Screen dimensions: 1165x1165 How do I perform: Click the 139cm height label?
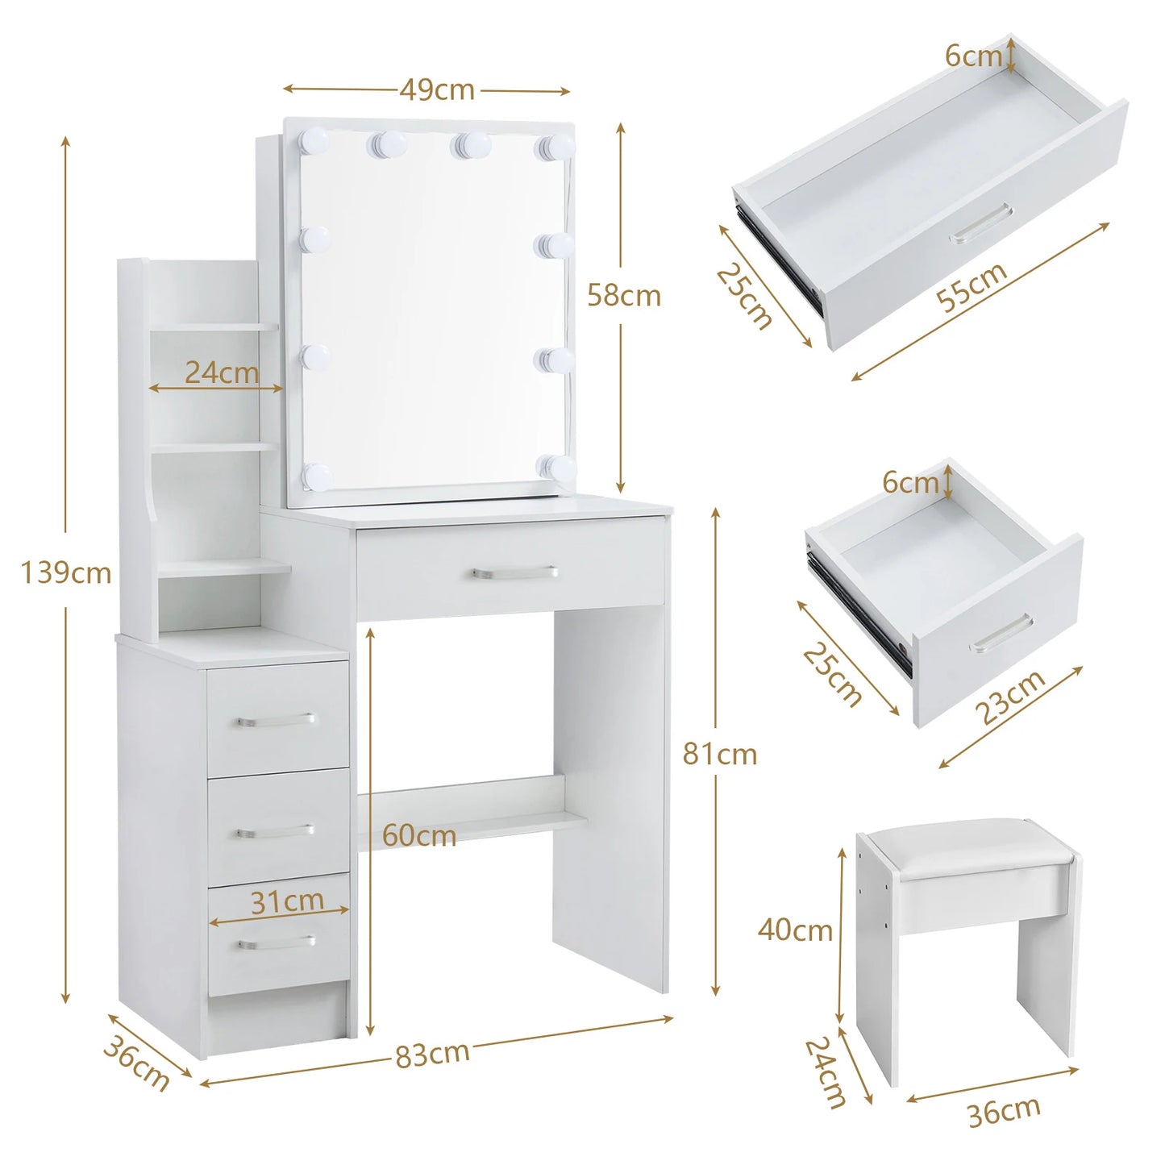tap(66, 573)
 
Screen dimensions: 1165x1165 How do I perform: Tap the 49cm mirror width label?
tap(437, 89)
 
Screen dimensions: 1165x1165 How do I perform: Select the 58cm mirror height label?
tap(623, 296)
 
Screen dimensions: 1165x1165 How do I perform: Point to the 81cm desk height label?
tap(719, 755)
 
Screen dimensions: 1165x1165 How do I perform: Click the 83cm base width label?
tap(432, 1054)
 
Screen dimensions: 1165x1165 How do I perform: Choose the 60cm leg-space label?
tap(418, 835)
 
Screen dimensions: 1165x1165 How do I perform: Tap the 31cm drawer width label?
tap(287, 901)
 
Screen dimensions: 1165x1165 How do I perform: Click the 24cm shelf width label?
tap(222, 372)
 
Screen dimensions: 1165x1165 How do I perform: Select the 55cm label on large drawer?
tap(972, 287)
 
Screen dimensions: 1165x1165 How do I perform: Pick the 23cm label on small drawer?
tap(1010, 697)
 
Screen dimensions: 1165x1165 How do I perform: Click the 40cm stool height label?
tap(794, 930)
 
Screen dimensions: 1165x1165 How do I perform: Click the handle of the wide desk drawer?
tap(514, 573)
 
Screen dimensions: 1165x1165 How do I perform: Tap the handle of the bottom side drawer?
tap(277, 942)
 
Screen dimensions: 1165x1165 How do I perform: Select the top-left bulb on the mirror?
tap(314, 143)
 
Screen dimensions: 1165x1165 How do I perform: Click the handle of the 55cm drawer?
tap(980, 223)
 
